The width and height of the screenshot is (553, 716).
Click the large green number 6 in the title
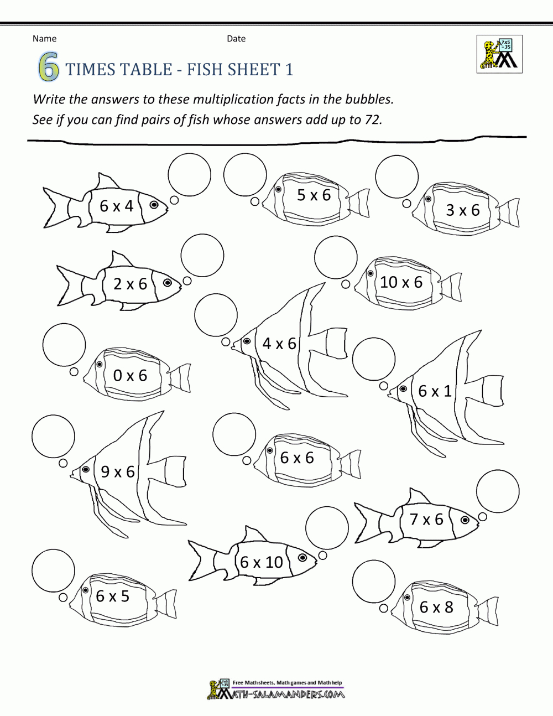point(48,69)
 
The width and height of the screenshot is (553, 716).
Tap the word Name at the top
point(44,38)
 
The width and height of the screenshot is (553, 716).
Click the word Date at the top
point(236,38)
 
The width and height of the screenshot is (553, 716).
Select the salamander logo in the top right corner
point(499,54)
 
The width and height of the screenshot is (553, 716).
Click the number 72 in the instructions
point(372,120)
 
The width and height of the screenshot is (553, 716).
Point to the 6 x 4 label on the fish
point(117,206)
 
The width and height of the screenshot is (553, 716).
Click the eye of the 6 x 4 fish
point(154,205)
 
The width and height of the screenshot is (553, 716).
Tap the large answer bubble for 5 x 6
point(245,174)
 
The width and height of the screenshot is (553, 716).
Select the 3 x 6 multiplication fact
point(463,210)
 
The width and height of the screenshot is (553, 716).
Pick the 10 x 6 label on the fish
point(401,282)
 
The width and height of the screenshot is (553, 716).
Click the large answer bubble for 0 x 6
point(64,345)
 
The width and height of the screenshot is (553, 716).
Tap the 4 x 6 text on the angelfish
point(279,344)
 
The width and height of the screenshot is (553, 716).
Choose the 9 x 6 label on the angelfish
point(118,471)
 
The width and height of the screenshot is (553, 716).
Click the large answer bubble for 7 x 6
point(498,491)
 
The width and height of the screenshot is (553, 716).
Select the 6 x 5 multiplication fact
point(112,596)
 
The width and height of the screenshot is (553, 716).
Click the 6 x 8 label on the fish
point(436,607)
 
